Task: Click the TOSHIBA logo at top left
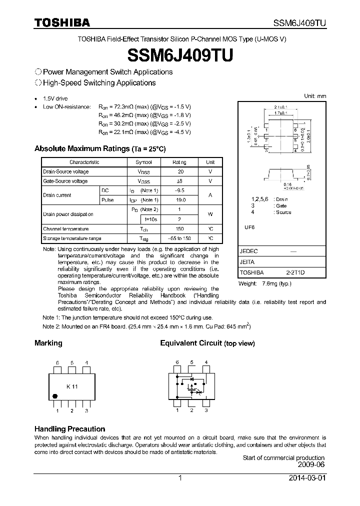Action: (62, 22)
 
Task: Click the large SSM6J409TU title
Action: (180, 54)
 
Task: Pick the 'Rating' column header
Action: (179, 162)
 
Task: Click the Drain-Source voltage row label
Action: (65, 171)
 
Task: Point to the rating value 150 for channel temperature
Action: (179, 228)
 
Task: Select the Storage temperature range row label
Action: (72, 238)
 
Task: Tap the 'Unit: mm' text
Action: (315, 95)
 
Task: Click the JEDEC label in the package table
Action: (249, 251)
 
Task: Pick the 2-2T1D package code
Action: (295, 272)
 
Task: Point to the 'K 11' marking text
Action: (72, 386)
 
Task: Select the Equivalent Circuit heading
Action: (191, 343)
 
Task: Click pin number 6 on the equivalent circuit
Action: (176, 362)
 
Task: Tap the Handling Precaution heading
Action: (69, 429)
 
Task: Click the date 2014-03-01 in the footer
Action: (307, 478)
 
